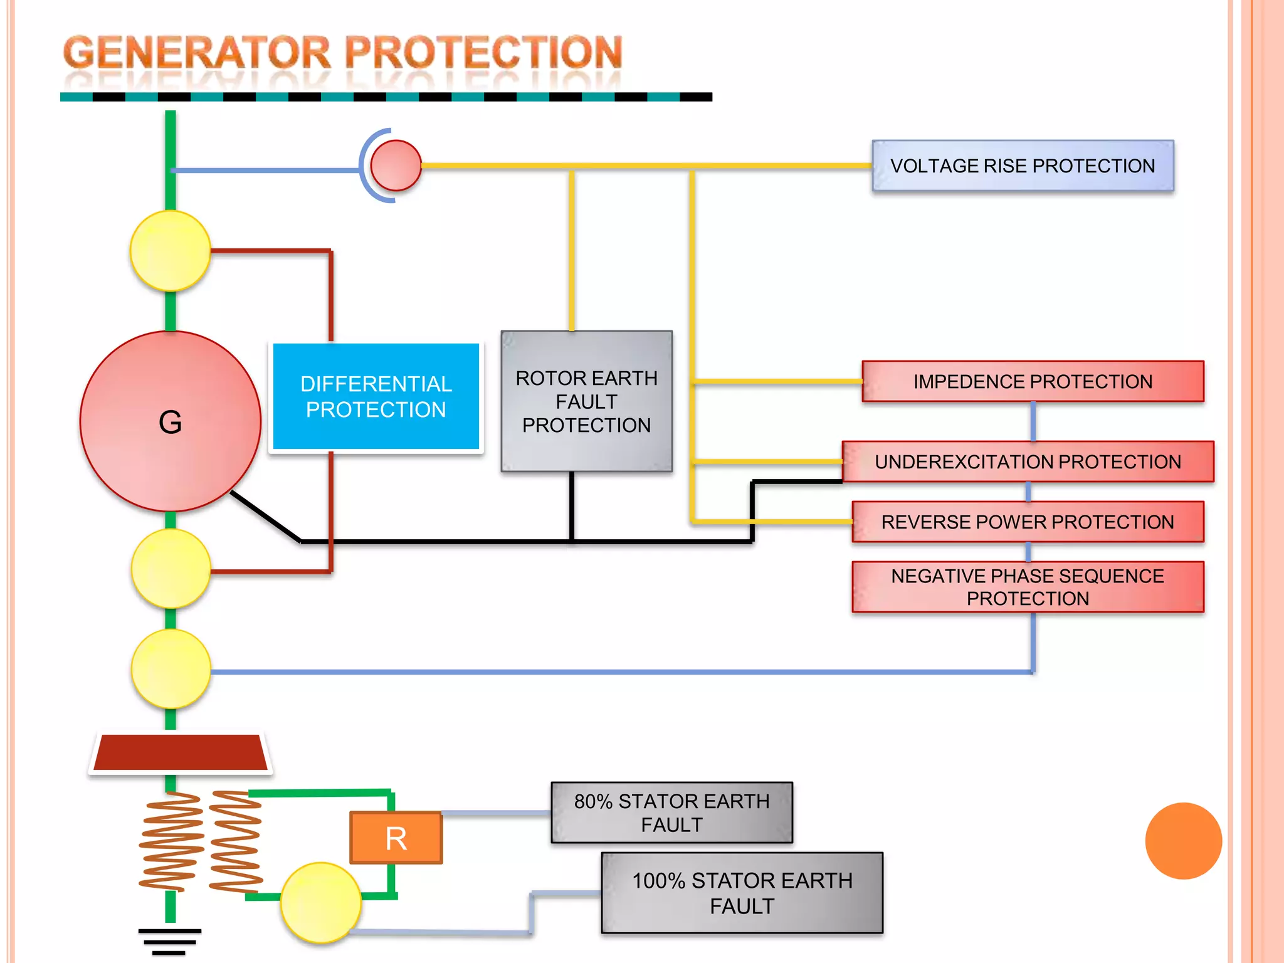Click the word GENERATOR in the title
click(x=196, y=53)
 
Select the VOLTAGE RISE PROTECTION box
click(x=1023, y=166)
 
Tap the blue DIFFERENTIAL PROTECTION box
click(x=376, y=396)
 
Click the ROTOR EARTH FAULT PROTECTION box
click(x=586, y=401)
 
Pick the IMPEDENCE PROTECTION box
click(x=1033, y=381)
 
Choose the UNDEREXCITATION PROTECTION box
click(x=1028, y=462)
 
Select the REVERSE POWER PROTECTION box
click(x=1028, y=522)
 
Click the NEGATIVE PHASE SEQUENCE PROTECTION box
click(x=1028, y=587)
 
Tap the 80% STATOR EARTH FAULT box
click(x=671, y=813)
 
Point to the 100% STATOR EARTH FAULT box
click(x=742, y=893)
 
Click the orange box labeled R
click(x=396, y=838)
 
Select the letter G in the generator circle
click(x=171, y=422)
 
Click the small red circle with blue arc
click(x=396, y=166)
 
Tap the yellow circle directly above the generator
click(x=171, y=251)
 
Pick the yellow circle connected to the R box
click(x=321, y=903)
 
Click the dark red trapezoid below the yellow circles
click(x=181, y=752)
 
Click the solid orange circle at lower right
click(x=1183, y=841)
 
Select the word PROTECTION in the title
click(x=483, y=53)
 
